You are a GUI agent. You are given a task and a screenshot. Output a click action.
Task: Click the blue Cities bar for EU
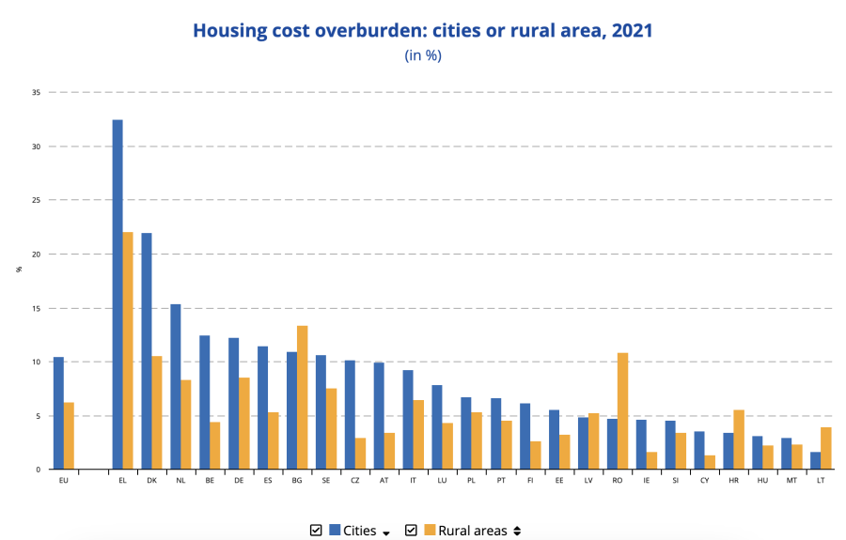tap(58, 413)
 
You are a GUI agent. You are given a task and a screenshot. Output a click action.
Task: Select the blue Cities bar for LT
tap(815, 460)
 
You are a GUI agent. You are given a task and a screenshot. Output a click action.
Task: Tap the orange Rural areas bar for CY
tap(710, 462)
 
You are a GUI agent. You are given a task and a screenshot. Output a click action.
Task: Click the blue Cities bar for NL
tap(176, 386)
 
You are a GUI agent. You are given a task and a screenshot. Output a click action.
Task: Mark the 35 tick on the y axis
tap(36, 93)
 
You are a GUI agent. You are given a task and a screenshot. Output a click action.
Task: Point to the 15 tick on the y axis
tap(36, 308)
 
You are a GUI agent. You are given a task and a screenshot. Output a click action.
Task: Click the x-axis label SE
tap(325, 481)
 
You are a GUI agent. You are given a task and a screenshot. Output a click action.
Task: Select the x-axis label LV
tap(587, 481)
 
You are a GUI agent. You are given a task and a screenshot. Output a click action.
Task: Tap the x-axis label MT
tap(791, 481)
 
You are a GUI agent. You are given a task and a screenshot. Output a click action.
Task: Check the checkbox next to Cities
tap(316, 531)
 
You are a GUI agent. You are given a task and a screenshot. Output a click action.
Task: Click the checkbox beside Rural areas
tap(411, 531)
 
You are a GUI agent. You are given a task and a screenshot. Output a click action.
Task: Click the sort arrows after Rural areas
tap(515, 532)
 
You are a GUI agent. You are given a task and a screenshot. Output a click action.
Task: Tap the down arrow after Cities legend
tap(385, 532)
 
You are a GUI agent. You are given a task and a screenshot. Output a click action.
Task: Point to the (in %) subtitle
tap(423, 55)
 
